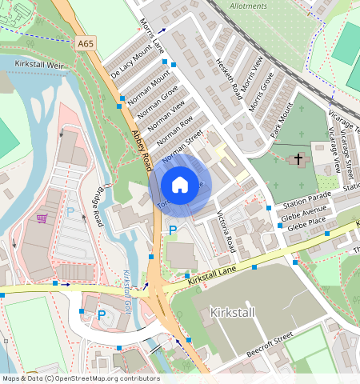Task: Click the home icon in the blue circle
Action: [x=179, y=185]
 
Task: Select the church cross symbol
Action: [x=298, y=159]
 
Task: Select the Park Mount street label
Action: [x=282, y=119]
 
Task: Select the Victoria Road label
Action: [x=226, y=230]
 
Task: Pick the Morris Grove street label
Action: [x=262, y=92]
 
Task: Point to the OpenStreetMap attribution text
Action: [x=80, y=378]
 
